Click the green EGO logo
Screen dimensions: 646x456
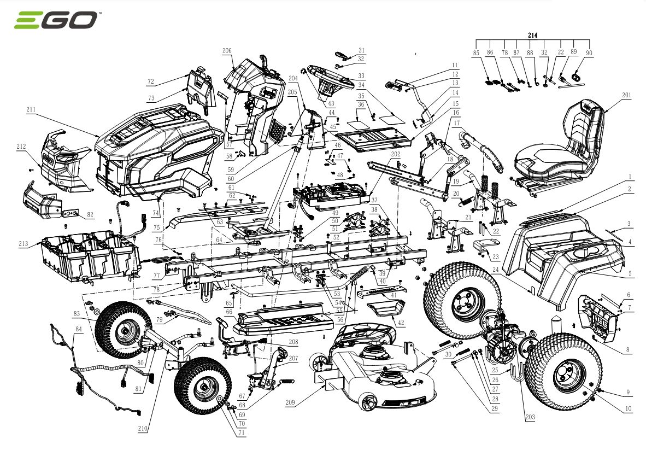tap(56, 20)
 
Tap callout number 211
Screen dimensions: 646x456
tap(31, 110)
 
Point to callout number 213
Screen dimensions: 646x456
tap(24, 244)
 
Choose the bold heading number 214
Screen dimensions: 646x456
tap(532, 36)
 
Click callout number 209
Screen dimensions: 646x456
tap(290, 402)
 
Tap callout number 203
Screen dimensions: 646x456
tap(530, 417)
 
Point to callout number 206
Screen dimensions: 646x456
tap(227, 51)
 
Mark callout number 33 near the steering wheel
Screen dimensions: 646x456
tap(361, 76)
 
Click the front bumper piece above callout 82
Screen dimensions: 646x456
tap(41, 200)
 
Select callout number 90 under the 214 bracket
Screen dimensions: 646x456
tap(589, 53)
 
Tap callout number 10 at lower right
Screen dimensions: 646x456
tap(629, 409)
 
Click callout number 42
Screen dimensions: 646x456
tap(401, 323)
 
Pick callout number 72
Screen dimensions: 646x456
tap(151, 81)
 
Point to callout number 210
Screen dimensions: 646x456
tap(143, 429)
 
